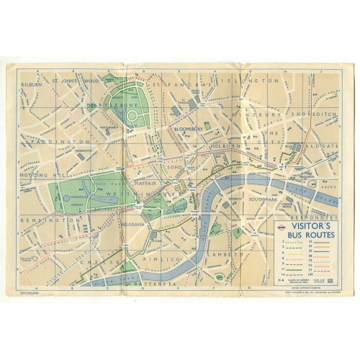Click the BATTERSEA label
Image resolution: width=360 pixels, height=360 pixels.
tap(165, 281)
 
